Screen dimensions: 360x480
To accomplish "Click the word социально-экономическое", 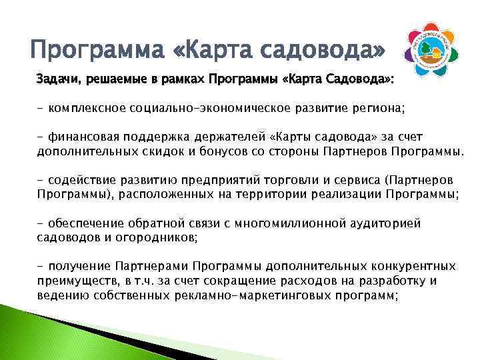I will (206, 108).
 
